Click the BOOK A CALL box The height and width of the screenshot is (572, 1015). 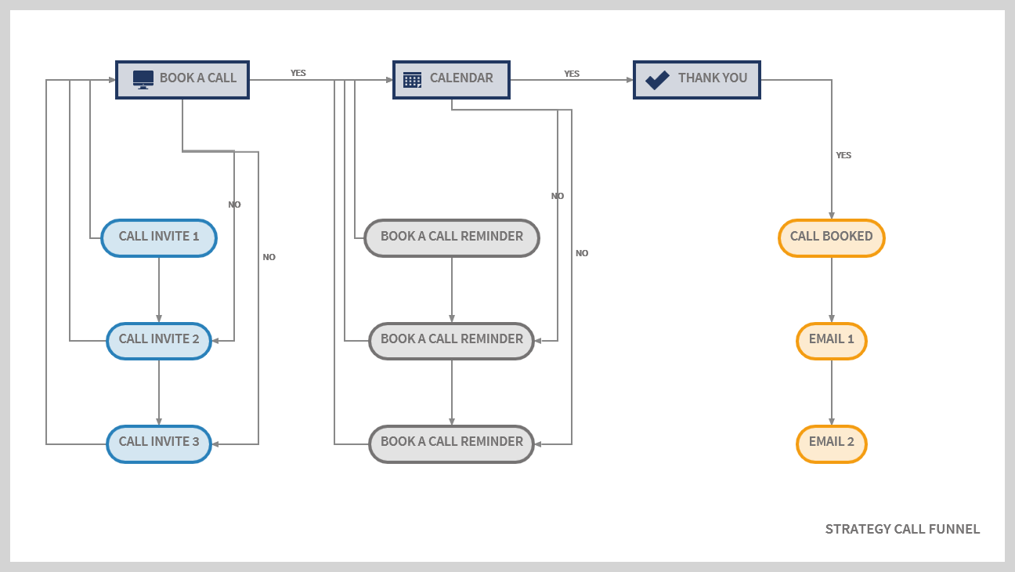pos(182,79)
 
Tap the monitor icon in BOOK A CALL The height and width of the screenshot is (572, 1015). pos(143,79)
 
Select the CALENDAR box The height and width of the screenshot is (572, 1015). pos(451,79)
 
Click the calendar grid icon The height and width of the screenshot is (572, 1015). pos(412,79)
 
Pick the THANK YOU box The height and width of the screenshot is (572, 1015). pos(696,79)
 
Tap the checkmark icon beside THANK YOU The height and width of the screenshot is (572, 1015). pos(656,79)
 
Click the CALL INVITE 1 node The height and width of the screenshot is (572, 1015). pos(159,237)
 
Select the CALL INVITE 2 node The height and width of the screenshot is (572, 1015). pos(159,341)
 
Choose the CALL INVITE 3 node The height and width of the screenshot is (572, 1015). pos(159,443)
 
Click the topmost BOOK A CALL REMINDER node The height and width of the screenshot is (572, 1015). pos(452,237)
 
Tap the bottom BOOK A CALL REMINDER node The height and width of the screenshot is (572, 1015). pos(452,443)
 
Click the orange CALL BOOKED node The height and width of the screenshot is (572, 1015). pos(831,237)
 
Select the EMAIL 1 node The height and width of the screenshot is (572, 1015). pos(831,341)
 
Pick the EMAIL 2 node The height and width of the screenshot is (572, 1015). pos(831,443)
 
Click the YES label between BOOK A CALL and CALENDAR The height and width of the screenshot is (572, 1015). pos(298,73)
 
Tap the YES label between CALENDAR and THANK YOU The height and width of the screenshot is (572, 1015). pos(572,74)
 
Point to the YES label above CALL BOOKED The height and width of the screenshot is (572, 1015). pos(843,155)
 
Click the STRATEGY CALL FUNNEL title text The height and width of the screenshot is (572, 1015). pos(902,529)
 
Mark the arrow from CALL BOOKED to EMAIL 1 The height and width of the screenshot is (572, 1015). pos(832,290)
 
